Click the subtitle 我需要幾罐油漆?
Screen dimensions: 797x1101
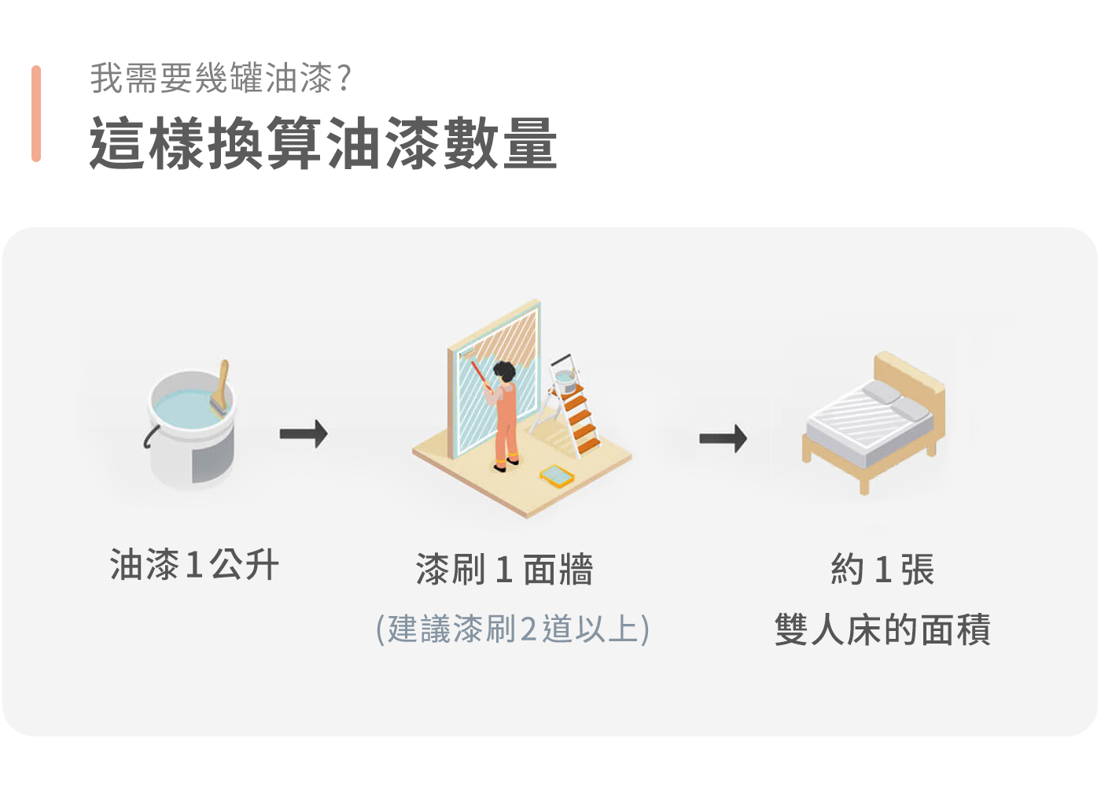pos(221,78)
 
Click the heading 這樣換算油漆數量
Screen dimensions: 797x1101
pos(322,143)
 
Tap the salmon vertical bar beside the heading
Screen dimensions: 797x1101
pos(36,114)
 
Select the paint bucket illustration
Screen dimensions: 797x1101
pos(191,429)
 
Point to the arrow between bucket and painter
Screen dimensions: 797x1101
pos(304,434)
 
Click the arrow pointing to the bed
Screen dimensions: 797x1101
pos(723,438)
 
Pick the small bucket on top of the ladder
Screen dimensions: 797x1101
pos(565,379)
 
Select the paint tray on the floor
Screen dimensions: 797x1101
pos(556,475)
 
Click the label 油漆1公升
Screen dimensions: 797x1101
pos(194,565)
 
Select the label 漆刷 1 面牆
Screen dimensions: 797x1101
pos(504,570)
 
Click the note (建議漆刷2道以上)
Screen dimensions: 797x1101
pos(513,629)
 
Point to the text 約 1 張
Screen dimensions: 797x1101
pos(882,570)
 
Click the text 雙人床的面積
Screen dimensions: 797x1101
pos(882,629)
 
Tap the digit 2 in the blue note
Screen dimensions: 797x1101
pos(528,630)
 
